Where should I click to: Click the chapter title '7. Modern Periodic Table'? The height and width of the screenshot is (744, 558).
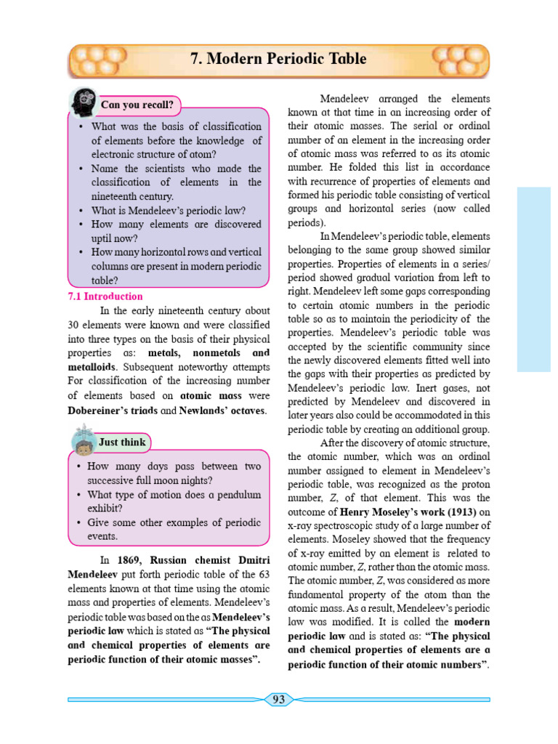pyautogui.click(x=278, y=59)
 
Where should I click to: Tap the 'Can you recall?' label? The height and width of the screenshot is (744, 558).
pyautogui.click(x=137, y=105)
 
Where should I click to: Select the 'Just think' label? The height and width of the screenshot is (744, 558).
pyautogui.click(x=122, y=442)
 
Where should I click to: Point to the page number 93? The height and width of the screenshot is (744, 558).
pyautogui.click(x=278, y=700)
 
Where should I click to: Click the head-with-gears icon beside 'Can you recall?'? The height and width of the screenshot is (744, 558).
pyautogui.click(x=82, y=102)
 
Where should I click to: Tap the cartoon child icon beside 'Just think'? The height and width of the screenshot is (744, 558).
pyautogui.click(x=83, y=441)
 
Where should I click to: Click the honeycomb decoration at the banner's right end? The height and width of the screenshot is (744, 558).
pyautogui.click(x=458, y=60)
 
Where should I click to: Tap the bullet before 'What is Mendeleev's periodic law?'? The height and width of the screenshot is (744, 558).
pyautogui.click(x=81, y=211)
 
